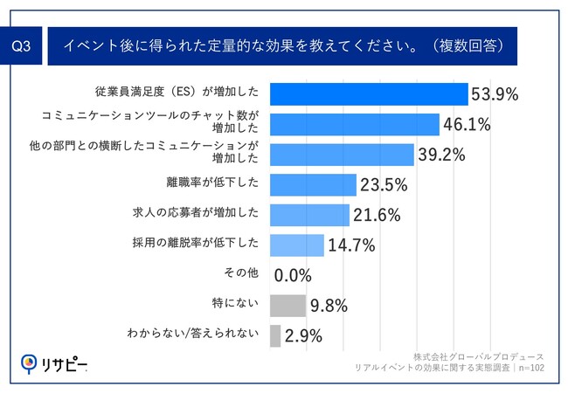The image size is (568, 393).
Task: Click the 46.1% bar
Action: coord(355,124)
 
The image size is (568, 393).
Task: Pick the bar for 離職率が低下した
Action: coord(313,184)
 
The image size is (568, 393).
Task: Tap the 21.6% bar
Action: coord(310,214)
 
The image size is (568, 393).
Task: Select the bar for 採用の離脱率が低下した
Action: coord(297,245)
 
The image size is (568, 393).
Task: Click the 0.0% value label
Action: coord(293,276)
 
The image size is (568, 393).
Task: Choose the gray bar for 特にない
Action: coord(287,305)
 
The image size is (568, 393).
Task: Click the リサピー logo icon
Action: coord(29,363)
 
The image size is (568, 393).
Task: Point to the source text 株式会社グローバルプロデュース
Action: coord(477,357)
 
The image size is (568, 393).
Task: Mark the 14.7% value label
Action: coord(350,245)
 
